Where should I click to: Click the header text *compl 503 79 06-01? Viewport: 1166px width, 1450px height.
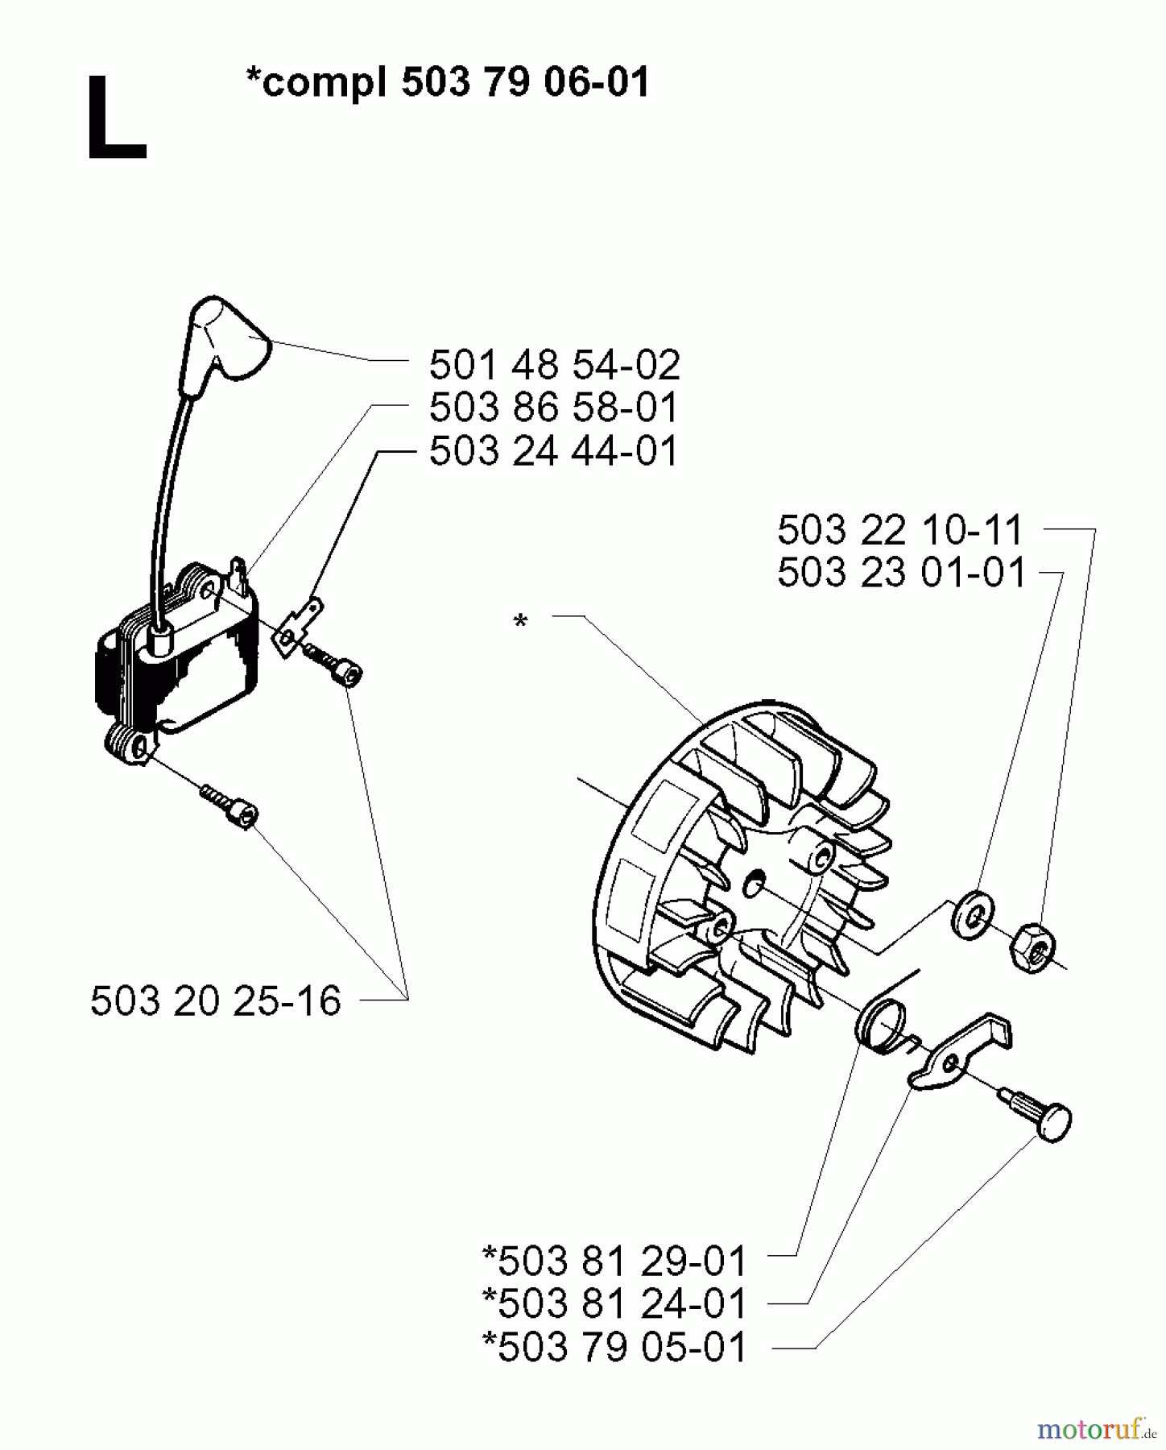(x=448, y=82)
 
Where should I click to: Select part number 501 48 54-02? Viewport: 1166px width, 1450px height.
(x=554, y=365)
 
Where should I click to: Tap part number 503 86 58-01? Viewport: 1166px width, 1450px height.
(x=554, y=408)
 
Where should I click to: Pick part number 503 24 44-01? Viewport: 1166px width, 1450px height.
(x=554, y=450)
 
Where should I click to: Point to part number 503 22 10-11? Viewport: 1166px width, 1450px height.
(x=899, y=530)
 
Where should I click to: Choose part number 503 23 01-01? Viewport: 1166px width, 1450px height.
(x=901, y=573)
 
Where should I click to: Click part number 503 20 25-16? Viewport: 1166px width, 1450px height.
(x=216, y=1001)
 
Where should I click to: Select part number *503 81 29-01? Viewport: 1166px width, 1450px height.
(x=614, y=1261)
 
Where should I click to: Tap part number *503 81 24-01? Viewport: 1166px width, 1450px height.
(x=614, y=1303)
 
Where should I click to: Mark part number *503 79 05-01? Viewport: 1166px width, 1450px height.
(x=614, y=1347)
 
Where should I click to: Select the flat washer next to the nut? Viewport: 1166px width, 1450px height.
(x=972, y=913)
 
